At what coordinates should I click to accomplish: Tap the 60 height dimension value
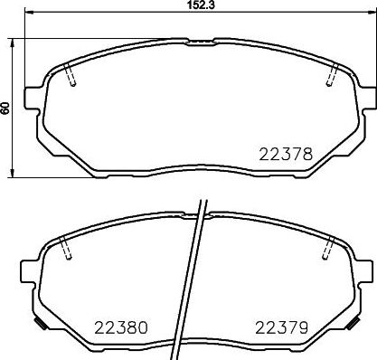6,108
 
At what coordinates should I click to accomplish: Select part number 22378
287,155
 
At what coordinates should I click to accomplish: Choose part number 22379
281,327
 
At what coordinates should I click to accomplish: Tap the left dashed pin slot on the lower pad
65,251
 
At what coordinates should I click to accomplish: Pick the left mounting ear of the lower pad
29,270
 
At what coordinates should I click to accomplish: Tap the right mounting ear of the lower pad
366,270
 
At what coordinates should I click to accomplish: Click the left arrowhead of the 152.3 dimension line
27,15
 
